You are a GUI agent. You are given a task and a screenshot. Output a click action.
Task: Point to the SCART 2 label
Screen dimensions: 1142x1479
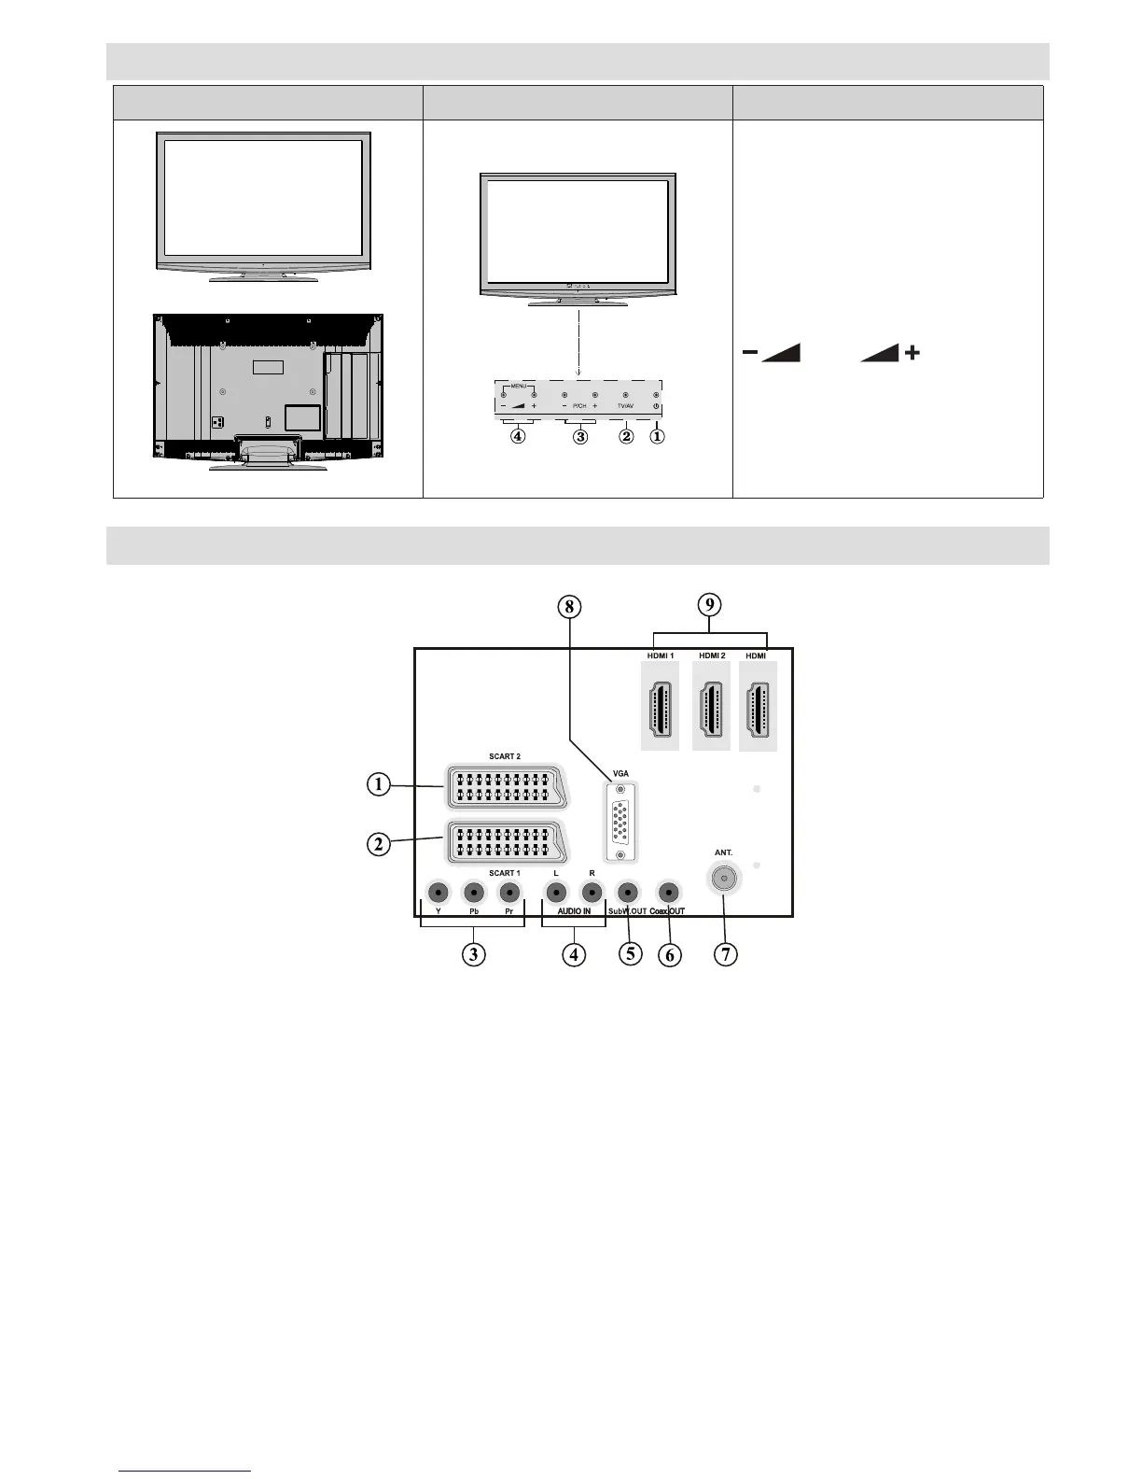[505, 756]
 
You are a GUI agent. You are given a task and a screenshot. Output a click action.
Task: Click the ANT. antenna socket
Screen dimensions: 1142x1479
[723, 878]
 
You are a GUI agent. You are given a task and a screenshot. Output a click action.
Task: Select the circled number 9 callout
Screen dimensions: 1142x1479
[710, 604]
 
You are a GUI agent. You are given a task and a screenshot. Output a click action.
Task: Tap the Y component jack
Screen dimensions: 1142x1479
[438, 892]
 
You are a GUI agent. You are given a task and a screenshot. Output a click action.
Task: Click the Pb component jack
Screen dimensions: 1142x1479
[474, 892]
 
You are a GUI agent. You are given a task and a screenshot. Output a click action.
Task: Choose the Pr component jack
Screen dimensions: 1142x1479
[509, 892]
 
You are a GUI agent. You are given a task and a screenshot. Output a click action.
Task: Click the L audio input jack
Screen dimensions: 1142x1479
[556, 892]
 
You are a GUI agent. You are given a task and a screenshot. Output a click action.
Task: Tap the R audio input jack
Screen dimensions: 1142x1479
[592, 892]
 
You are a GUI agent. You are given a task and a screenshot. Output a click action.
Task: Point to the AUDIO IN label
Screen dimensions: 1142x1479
[574, 911]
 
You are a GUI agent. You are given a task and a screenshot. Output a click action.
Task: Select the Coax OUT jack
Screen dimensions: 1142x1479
[667, 892]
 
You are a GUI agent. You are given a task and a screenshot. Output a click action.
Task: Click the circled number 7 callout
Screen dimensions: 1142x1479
[725, 953]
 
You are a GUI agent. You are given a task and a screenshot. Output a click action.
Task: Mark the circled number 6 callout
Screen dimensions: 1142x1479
[669, 954]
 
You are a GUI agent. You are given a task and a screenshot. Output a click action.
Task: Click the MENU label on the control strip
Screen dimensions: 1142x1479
[519, 386]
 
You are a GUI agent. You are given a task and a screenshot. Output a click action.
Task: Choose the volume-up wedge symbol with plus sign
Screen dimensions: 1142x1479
[890, 352]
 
